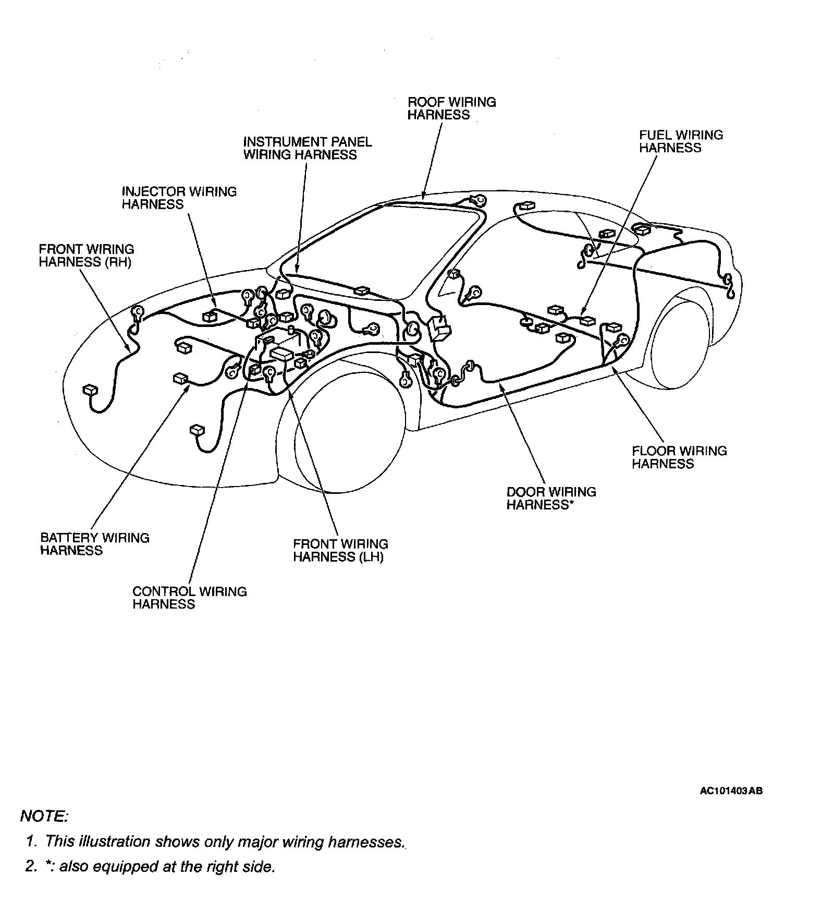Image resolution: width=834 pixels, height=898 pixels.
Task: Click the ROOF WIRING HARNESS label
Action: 451,108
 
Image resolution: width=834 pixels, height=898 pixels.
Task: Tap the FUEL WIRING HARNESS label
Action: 681,141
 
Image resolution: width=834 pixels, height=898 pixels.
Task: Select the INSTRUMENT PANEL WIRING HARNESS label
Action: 308,148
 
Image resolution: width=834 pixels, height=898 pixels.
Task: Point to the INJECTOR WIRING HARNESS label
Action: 179,198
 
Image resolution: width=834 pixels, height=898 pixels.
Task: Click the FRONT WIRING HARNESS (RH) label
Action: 86,256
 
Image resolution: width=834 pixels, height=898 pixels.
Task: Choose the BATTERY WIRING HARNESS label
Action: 94,544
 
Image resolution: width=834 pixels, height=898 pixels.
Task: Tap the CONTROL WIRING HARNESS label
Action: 189,598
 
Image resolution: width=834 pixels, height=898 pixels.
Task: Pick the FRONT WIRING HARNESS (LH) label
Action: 340,551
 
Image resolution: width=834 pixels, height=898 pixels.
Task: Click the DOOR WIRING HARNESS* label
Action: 551,499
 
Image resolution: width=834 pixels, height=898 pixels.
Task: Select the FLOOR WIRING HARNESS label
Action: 679,457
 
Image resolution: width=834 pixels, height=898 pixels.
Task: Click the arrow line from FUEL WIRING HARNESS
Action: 620,235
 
